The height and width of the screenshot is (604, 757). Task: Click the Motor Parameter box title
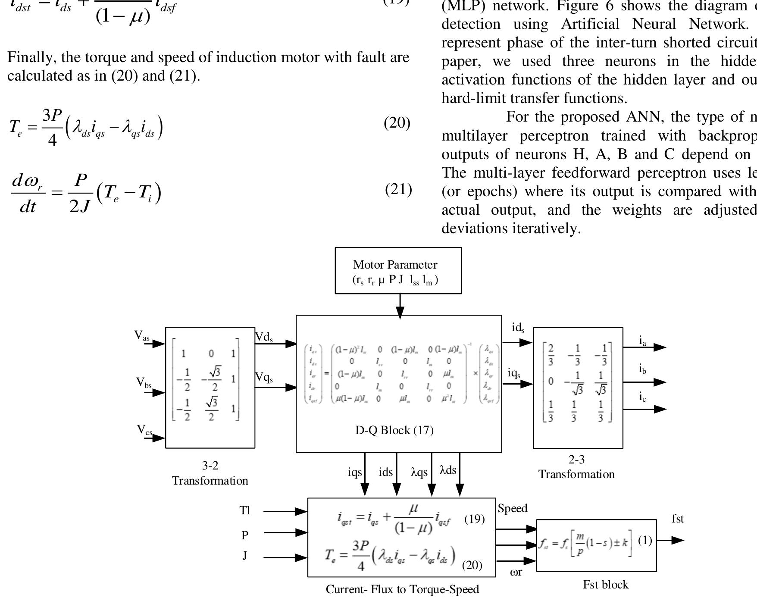[395, 265]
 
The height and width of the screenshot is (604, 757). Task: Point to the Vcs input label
[144, 430]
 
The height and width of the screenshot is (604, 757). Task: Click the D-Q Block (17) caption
[394, 430]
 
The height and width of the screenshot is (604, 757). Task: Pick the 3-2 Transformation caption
[210, 473]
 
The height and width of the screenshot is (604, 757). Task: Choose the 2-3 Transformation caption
[576, 467]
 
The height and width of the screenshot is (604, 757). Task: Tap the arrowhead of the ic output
[660, 409]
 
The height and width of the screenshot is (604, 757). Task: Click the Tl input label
[244, 510]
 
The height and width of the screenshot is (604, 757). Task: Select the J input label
[244, 555]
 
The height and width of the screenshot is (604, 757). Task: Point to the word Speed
[512, 508]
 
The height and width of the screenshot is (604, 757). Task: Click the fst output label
[678, 519]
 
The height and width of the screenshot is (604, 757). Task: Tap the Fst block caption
[605, 585]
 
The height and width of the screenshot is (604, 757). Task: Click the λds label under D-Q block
[448, 470]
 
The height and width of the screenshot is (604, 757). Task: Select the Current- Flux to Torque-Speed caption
[402, 589]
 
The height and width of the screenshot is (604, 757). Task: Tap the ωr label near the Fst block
[516, 573]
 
